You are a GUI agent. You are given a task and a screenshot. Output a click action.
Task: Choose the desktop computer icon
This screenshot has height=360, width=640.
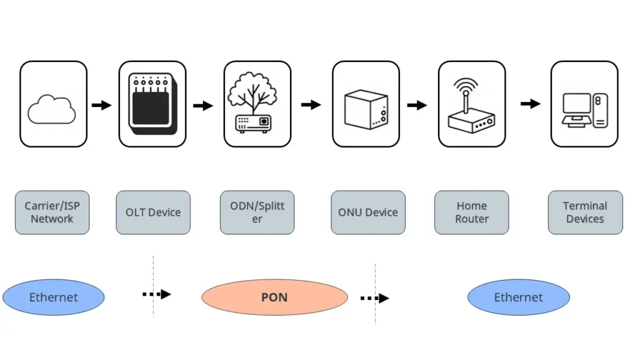point(584,109)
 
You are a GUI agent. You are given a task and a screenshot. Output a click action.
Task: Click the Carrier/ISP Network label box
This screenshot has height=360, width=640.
point(52,212)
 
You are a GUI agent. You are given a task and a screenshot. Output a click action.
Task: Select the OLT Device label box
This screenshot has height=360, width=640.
point(153,212)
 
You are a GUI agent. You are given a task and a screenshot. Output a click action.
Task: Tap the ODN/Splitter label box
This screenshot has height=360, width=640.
point(257,212)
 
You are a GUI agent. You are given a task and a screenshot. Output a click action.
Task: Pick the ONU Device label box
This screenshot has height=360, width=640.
point(368,212)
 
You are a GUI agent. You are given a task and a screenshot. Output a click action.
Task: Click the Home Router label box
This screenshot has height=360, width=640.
point(472,212)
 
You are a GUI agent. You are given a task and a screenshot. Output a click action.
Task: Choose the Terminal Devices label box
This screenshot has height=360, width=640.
point(585,212)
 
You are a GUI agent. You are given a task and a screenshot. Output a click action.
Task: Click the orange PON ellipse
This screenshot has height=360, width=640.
point(274,297)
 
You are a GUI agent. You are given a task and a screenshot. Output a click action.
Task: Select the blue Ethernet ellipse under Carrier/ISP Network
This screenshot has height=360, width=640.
point(54,297)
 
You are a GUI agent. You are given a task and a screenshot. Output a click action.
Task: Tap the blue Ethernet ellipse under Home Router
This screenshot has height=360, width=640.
point(519,297)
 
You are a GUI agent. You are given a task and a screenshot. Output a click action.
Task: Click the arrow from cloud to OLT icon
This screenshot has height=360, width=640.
point(101,105)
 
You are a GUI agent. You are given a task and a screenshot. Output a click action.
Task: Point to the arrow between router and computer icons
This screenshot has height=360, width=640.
point(530,104)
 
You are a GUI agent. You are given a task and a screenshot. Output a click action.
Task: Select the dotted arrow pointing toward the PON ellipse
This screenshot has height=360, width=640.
point(156,294)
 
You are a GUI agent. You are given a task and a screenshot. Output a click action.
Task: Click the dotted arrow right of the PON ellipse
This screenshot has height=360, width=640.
point(374,298)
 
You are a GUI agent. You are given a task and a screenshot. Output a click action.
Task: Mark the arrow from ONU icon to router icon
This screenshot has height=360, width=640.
point(417,105)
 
